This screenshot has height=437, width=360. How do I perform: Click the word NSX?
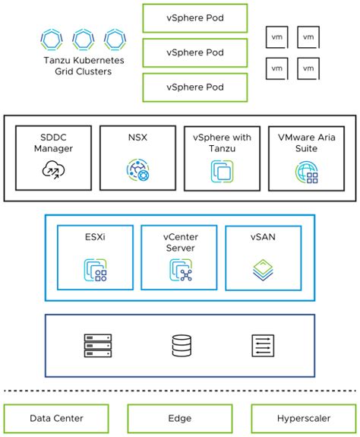coord(137,138)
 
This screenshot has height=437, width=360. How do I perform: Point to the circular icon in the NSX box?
coord(137,171)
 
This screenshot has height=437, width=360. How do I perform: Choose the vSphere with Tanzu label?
coord(223,143)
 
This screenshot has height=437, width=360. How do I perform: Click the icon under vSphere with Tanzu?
coord(223,172)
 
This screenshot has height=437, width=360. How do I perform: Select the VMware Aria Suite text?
coord(308,143)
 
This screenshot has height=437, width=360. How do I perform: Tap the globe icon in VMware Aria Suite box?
coord(307,172)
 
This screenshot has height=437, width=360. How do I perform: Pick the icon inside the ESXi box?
coord(96,269)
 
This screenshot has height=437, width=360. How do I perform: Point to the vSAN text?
coord(263,239)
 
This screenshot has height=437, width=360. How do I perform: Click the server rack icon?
coord(97,346)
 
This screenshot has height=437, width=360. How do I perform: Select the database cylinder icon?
coord(181,346)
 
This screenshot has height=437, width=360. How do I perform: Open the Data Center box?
coord(57,418)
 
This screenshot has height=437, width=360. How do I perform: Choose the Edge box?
coord(180,418)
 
